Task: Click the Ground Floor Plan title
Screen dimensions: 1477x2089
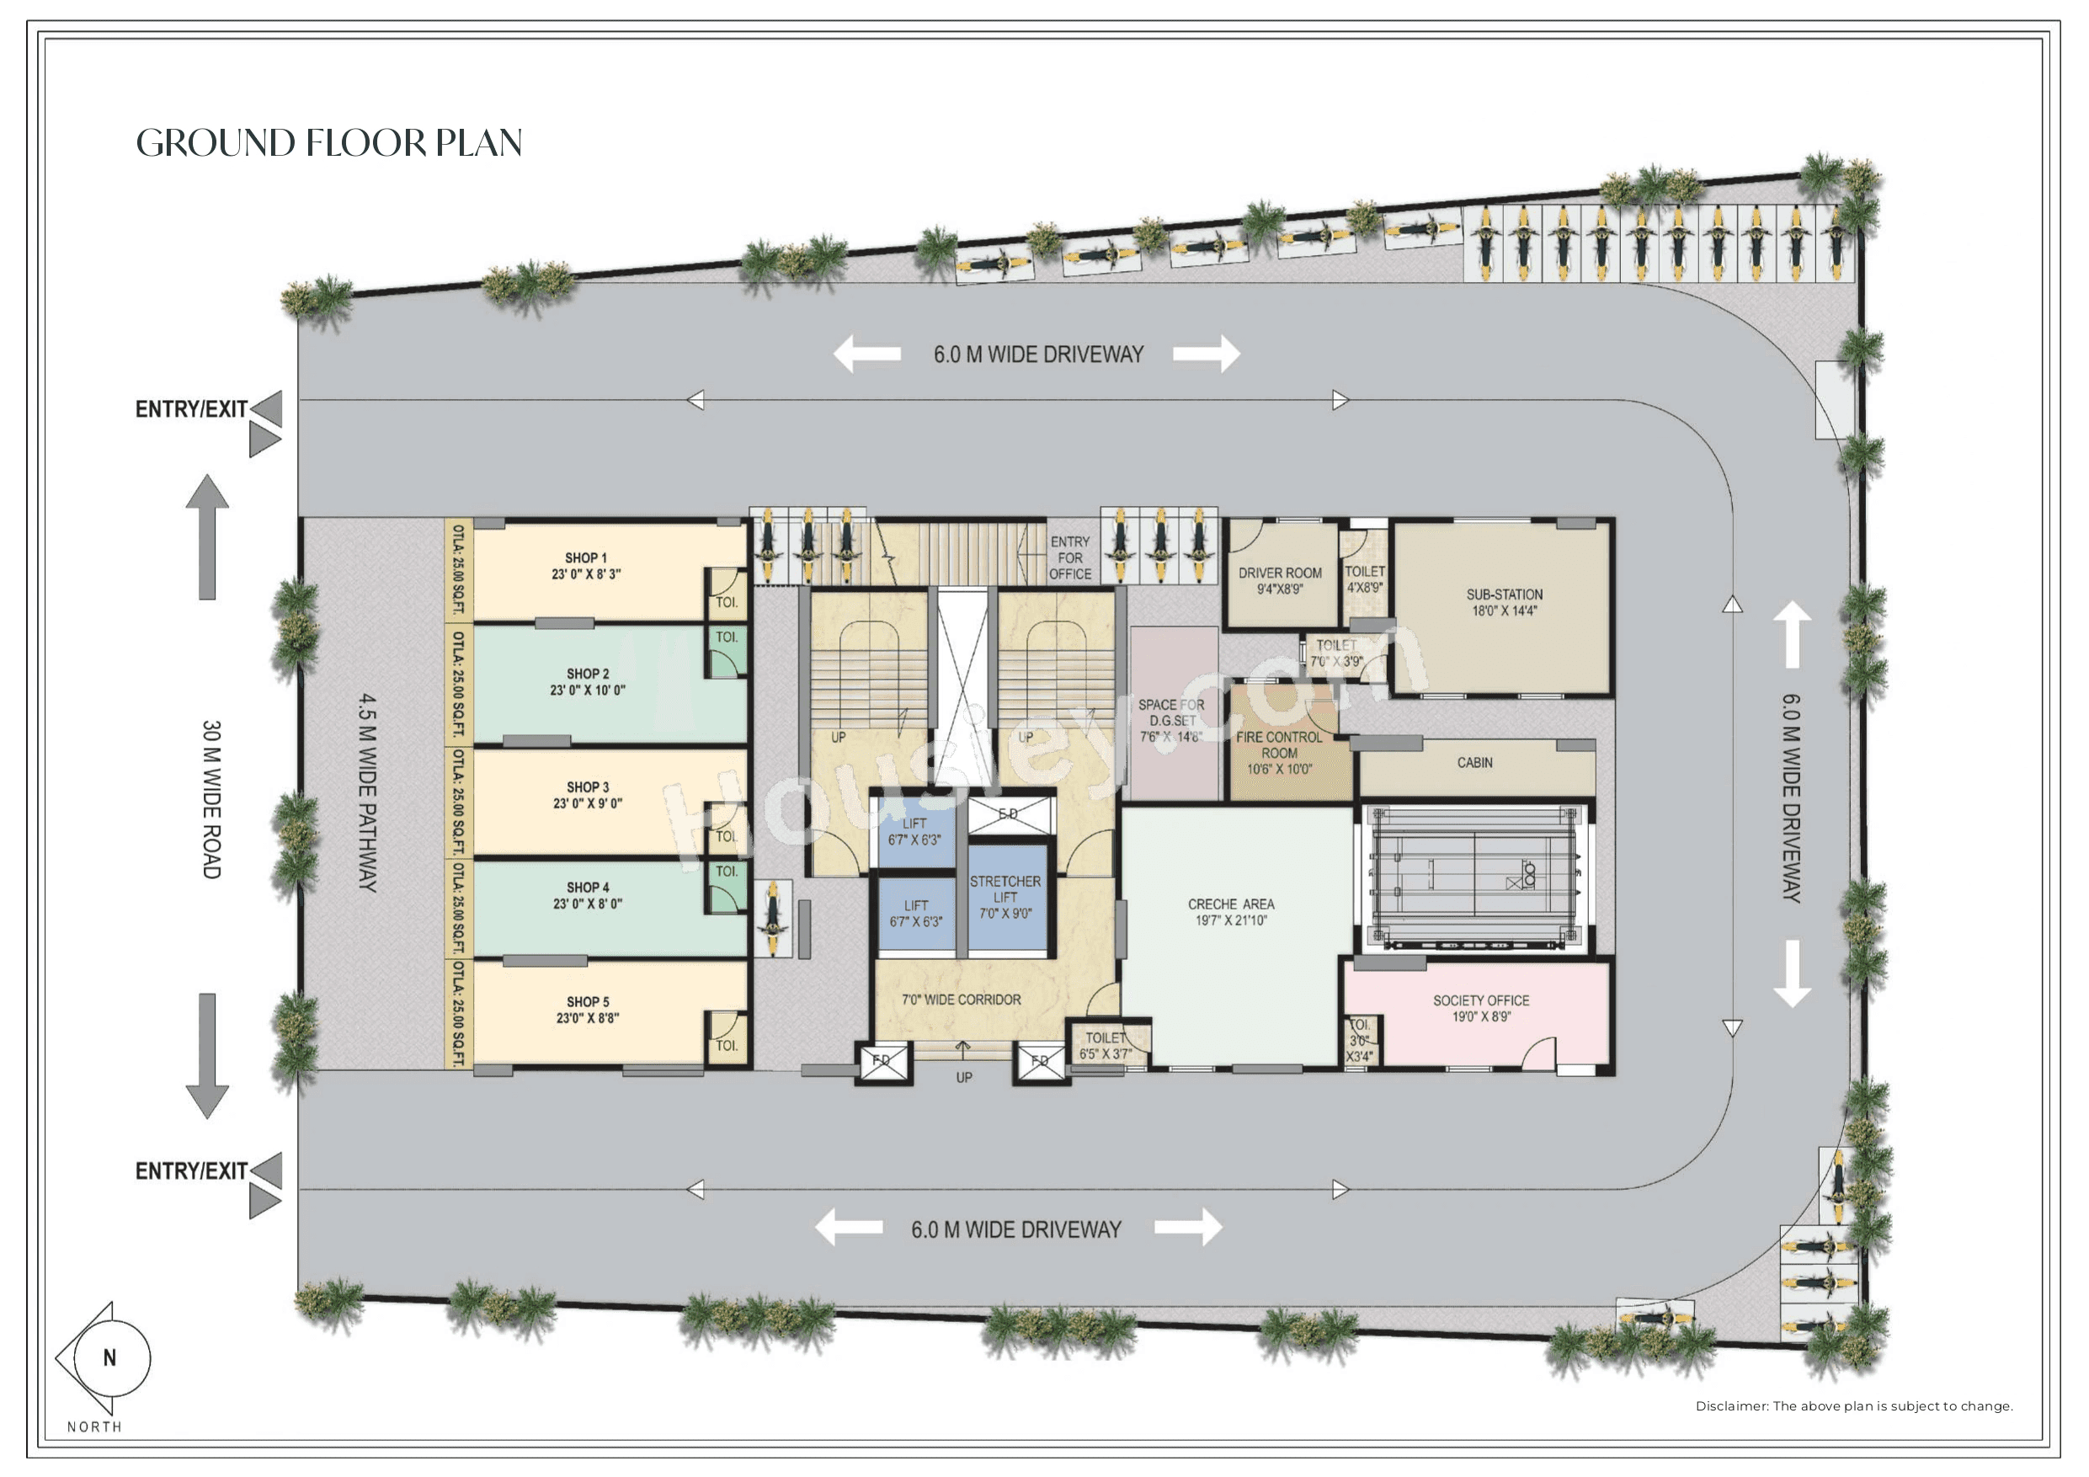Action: pyautogui.click(x=328, y=143)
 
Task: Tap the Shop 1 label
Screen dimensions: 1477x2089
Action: pyautogui.click(x=585, y=566)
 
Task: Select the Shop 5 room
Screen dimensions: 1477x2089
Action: pyautogui.click(x=588, y=1010)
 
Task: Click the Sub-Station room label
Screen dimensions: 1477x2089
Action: pyautogui.click(x=1504, y=602)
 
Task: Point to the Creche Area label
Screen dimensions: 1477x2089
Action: pyautogui.click(x=1231, y=912)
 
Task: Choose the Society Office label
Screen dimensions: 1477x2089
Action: pyautogui.click(x=1480, y=1008)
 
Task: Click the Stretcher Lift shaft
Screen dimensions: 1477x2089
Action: pyautogui.click(x=1005, y=898)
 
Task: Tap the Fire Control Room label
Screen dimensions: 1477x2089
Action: pyautogui.click(x=1278, y=753)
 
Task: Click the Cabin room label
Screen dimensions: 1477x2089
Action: pyautogui.click(x=1474, y=763)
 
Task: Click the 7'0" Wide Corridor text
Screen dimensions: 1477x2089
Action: pyautogui.click(x=961, y=1000)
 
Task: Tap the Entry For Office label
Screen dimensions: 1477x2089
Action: pyautogui.click(x=1070, y=557)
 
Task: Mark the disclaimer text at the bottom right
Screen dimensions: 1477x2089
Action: pyautogui.click(x=1853, y=1406)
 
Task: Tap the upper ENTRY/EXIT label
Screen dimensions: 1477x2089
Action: pyautogui.click(x=191, y=409)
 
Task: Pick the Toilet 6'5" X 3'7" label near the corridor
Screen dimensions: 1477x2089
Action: pyautogui.click(x=1106, y=1046)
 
